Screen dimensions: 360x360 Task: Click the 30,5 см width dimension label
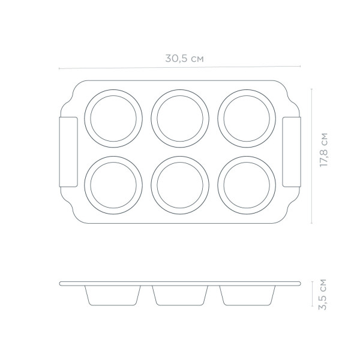[x=184, y=58]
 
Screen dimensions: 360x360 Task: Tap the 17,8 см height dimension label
[x=324, y=150]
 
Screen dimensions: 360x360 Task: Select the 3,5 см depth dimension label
[x=323, y=295]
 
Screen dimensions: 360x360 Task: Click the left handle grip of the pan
[x=68, y=152]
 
